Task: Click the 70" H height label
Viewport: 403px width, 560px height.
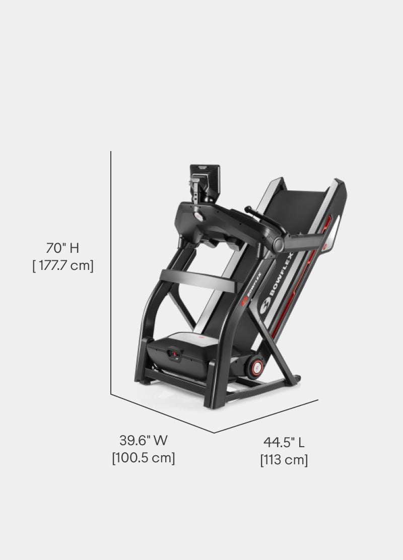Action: pyautogui.click(x=62, y=248)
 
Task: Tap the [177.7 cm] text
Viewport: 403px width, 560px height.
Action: pyautogui.click(x=63, y=265)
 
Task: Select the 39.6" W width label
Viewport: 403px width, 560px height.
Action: pyautogui.click(x=143, y=440)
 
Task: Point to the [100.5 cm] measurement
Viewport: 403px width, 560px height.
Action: pyautogui.click(x=144, y=458)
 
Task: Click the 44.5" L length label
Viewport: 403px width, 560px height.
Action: pyautogui.click(x=284, y=442)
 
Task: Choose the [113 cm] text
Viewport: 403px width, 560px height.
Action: pyautogui.click(x=284, y=460)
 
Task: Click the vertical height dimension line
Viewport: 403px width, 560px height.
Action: pyautogui.click(x=111, y=272)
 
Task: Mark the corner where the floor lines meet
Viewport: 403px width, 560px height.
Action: pyautogui.click(x=214, y=432)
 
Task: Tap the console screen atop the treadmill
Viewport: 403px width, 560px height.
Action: pyautogui.click(x=205, y=182)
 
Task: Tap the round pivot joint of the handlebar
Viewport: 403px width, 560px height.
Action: pyautogui.click(x=278, y=245)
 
